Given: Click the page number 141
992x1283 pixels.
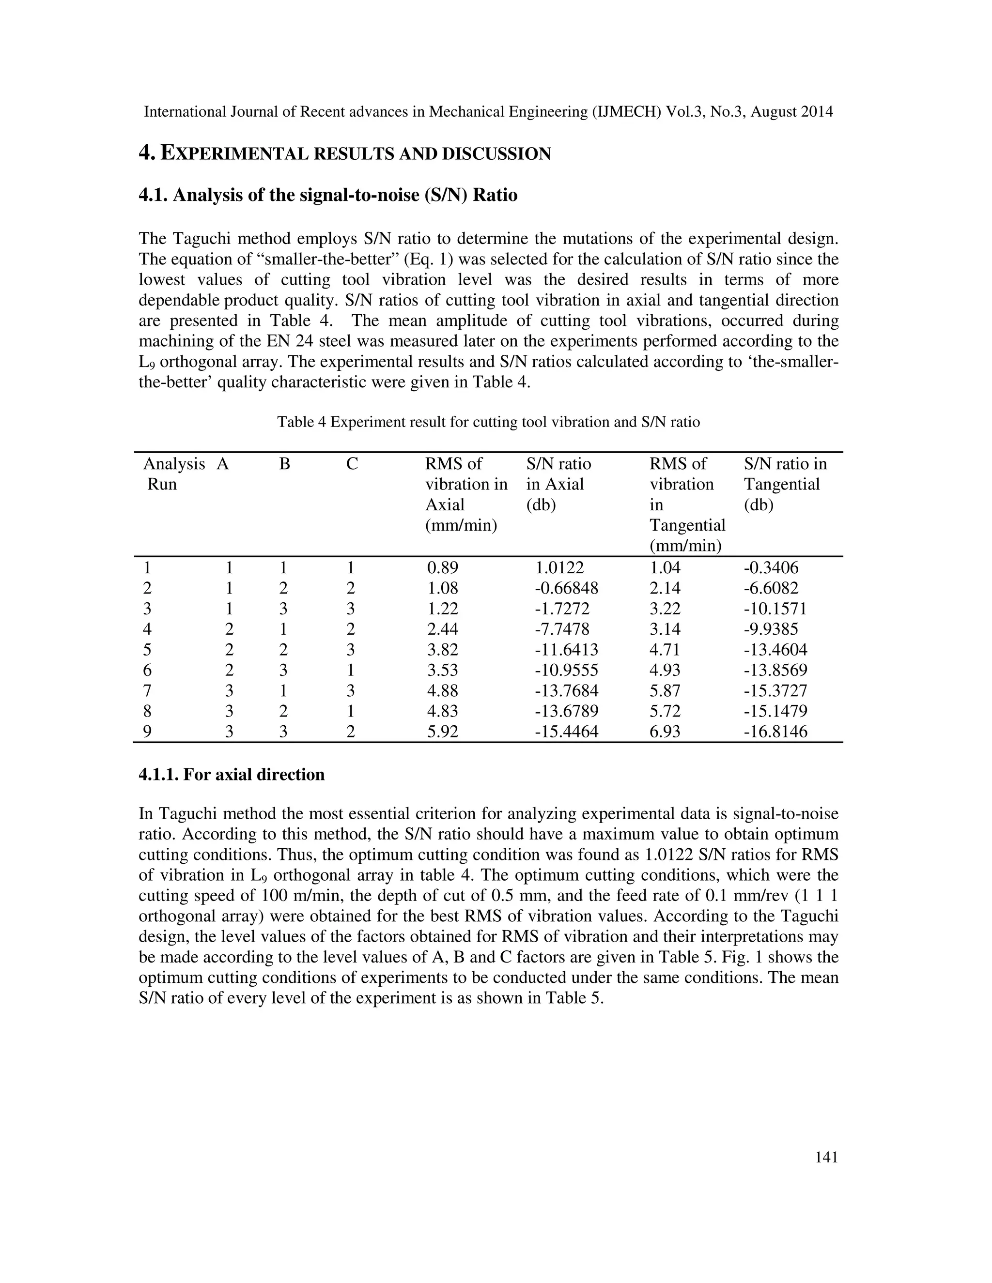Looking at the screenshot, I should pyautogui.click(x=826, y=1157).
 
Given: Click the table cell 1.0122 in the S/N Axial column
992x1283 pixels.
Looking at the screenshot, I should pyautogui.click(x=559, y=568).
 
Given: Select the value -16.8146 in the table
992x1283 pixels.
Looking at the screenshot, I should pyautogui.click(x=775, y=732).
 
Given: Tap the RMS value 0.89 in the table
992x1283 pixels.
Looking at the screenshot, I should pyautogui.click(x=443, y=568).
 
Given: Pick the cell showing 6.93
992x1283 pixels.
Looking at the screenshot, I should pyautogui.click(x=665, y=732).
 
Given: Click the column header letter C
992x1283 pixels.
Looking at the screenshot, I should pyautogui.click(x=352, y=464).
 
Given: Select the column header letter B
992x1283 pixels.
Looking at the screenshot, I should pyautogui.click(x=284, y=464).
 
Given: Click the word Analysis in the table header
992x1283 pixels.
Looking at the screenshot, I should pyautogui.click(x=174, y=464).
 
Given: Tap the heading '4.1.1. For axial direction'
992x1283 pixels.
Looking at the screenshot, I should pyautogui.click(x=232, y=774).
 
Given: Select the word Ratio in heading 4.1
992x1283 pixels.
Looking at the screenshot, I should pyautogui.click(x=494, y=195).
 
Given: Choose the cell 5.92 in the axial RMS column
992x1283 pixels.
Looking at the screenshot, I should pyautogui.click(x=443, y=732).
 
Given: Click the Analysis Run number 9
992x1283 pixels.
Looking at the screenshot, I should pyautogui.click(x=147, y=732).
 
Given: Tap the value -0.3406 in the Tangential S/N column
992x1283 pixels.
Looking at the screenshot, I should pyautogui.click(x=771, y=568).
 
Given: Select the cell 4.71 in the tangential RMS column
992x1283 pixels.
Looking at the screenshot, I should pyautogui.click(x=665, y=650).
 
